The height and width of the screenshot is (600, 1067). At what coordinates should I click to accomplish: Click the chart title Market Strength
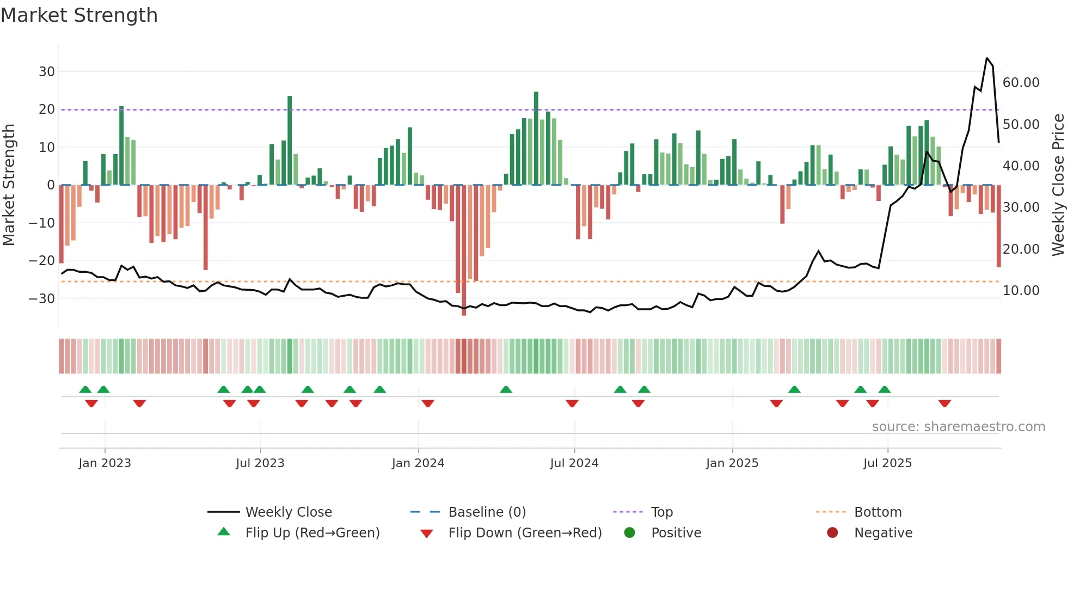pyautogui.click(x=79, y=15)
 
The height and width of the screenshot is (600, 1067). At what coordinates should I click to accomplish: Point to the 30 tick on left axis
pyautogui.click(x=47, y=71)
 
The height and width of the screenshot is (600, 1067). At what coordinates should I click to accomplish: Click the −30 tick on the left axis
pyautogui.click(x=42, y=298)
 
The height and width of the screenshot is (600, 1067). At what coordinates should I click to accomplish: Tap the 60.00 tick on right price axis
pyautogui.click(x=1021, y=83)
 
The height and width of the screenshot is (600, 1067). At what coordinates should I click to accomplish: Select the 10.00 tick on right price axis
pyautogui.click(x=1021, y=291)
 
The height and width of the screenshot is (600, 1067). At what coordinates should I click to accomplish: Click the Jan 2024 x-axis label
pyautogui.click(x=418, y=463)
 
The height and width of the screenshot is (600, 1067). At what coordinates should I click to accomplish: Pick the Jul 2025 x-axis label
pyautogui.click(x=887, y=463)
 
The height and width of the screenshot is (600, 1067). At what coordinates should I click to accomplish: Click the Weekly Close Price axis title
pyautogui.click(x=1058, y=185)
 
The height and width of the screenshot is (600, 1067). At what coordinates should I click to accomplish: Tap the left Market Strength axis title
pyautogui.click(x=9, y=185)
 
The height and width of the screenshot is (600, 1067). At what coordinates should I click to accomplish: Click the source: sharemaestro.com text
pyautogui.click(x=958, y=427)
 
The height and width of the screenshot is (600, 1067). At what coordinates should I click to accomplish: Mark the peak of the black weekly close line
pyautogui.click(x=986, y=58)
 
